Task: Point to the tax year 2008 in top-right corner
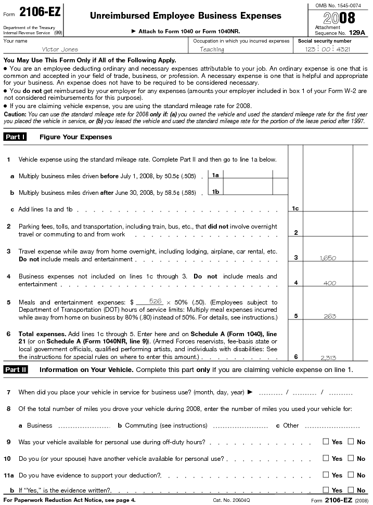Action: tap(339, 18)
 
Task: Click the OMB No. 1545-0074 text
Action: tap(339, 5)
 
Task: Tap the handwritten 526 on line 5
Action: tap(155, 301)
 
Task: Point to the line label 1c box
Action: tap(295, 209)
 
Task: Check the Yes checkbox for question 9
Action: tap(326, 442)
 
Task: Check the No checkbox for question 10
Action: tap(351, 458)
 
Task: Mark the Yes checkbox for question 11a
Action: tap(326, 475)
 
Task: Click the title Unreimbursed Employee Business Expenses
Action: tap(186, 16)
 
